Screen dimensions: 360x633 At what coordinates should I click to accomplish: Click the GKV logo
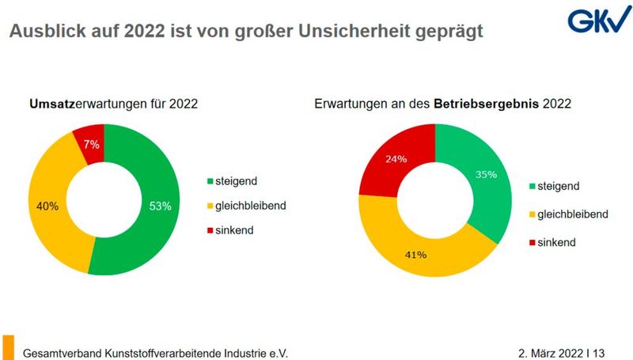593,19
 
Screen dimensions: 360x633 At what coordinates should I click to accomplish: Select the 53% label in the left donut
161,207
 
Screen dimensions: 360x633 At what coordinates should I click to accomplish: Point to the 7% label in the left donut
91,144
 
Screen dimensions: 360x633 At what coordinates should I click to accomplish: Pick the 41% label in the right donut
416,255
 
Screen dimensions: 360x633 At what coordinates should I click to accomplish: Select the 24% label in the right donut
396,159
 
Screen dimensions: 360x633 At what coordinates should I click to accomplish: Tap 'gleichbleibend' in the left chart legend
251,206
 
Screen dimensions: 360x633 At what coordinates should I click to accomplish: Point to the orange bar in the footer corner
8,347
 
